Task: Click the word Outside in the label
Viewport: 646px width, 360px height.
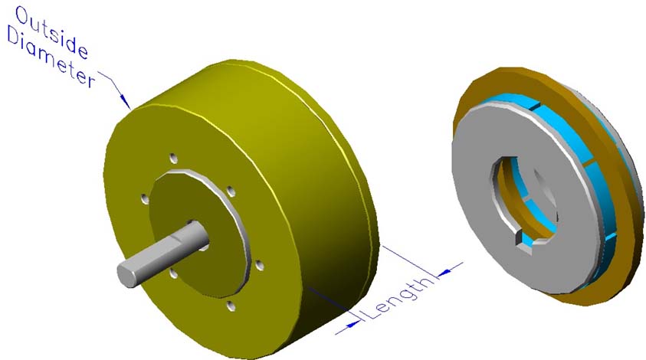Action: pos(52,32)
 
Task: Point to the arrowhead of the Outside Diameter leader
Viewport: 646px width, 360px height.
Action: pos(124,103)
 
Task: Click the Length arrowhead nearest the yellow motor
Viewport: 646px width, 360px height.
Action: pos(350,324)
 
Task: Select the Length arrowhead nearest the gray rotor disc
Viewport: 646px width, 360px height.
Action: pos(444,271)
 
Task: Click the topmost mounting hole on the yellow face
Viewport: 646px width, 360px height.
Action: pos(174,158)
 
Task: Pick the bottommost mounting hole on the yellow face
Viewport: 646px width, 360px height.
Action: pos(231,305)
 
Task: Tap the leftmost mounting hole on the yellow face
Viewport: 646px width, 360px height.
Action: pos(144,198)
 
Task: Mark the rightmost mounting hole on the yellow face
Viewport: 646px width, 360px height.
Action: pos(259,265)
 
